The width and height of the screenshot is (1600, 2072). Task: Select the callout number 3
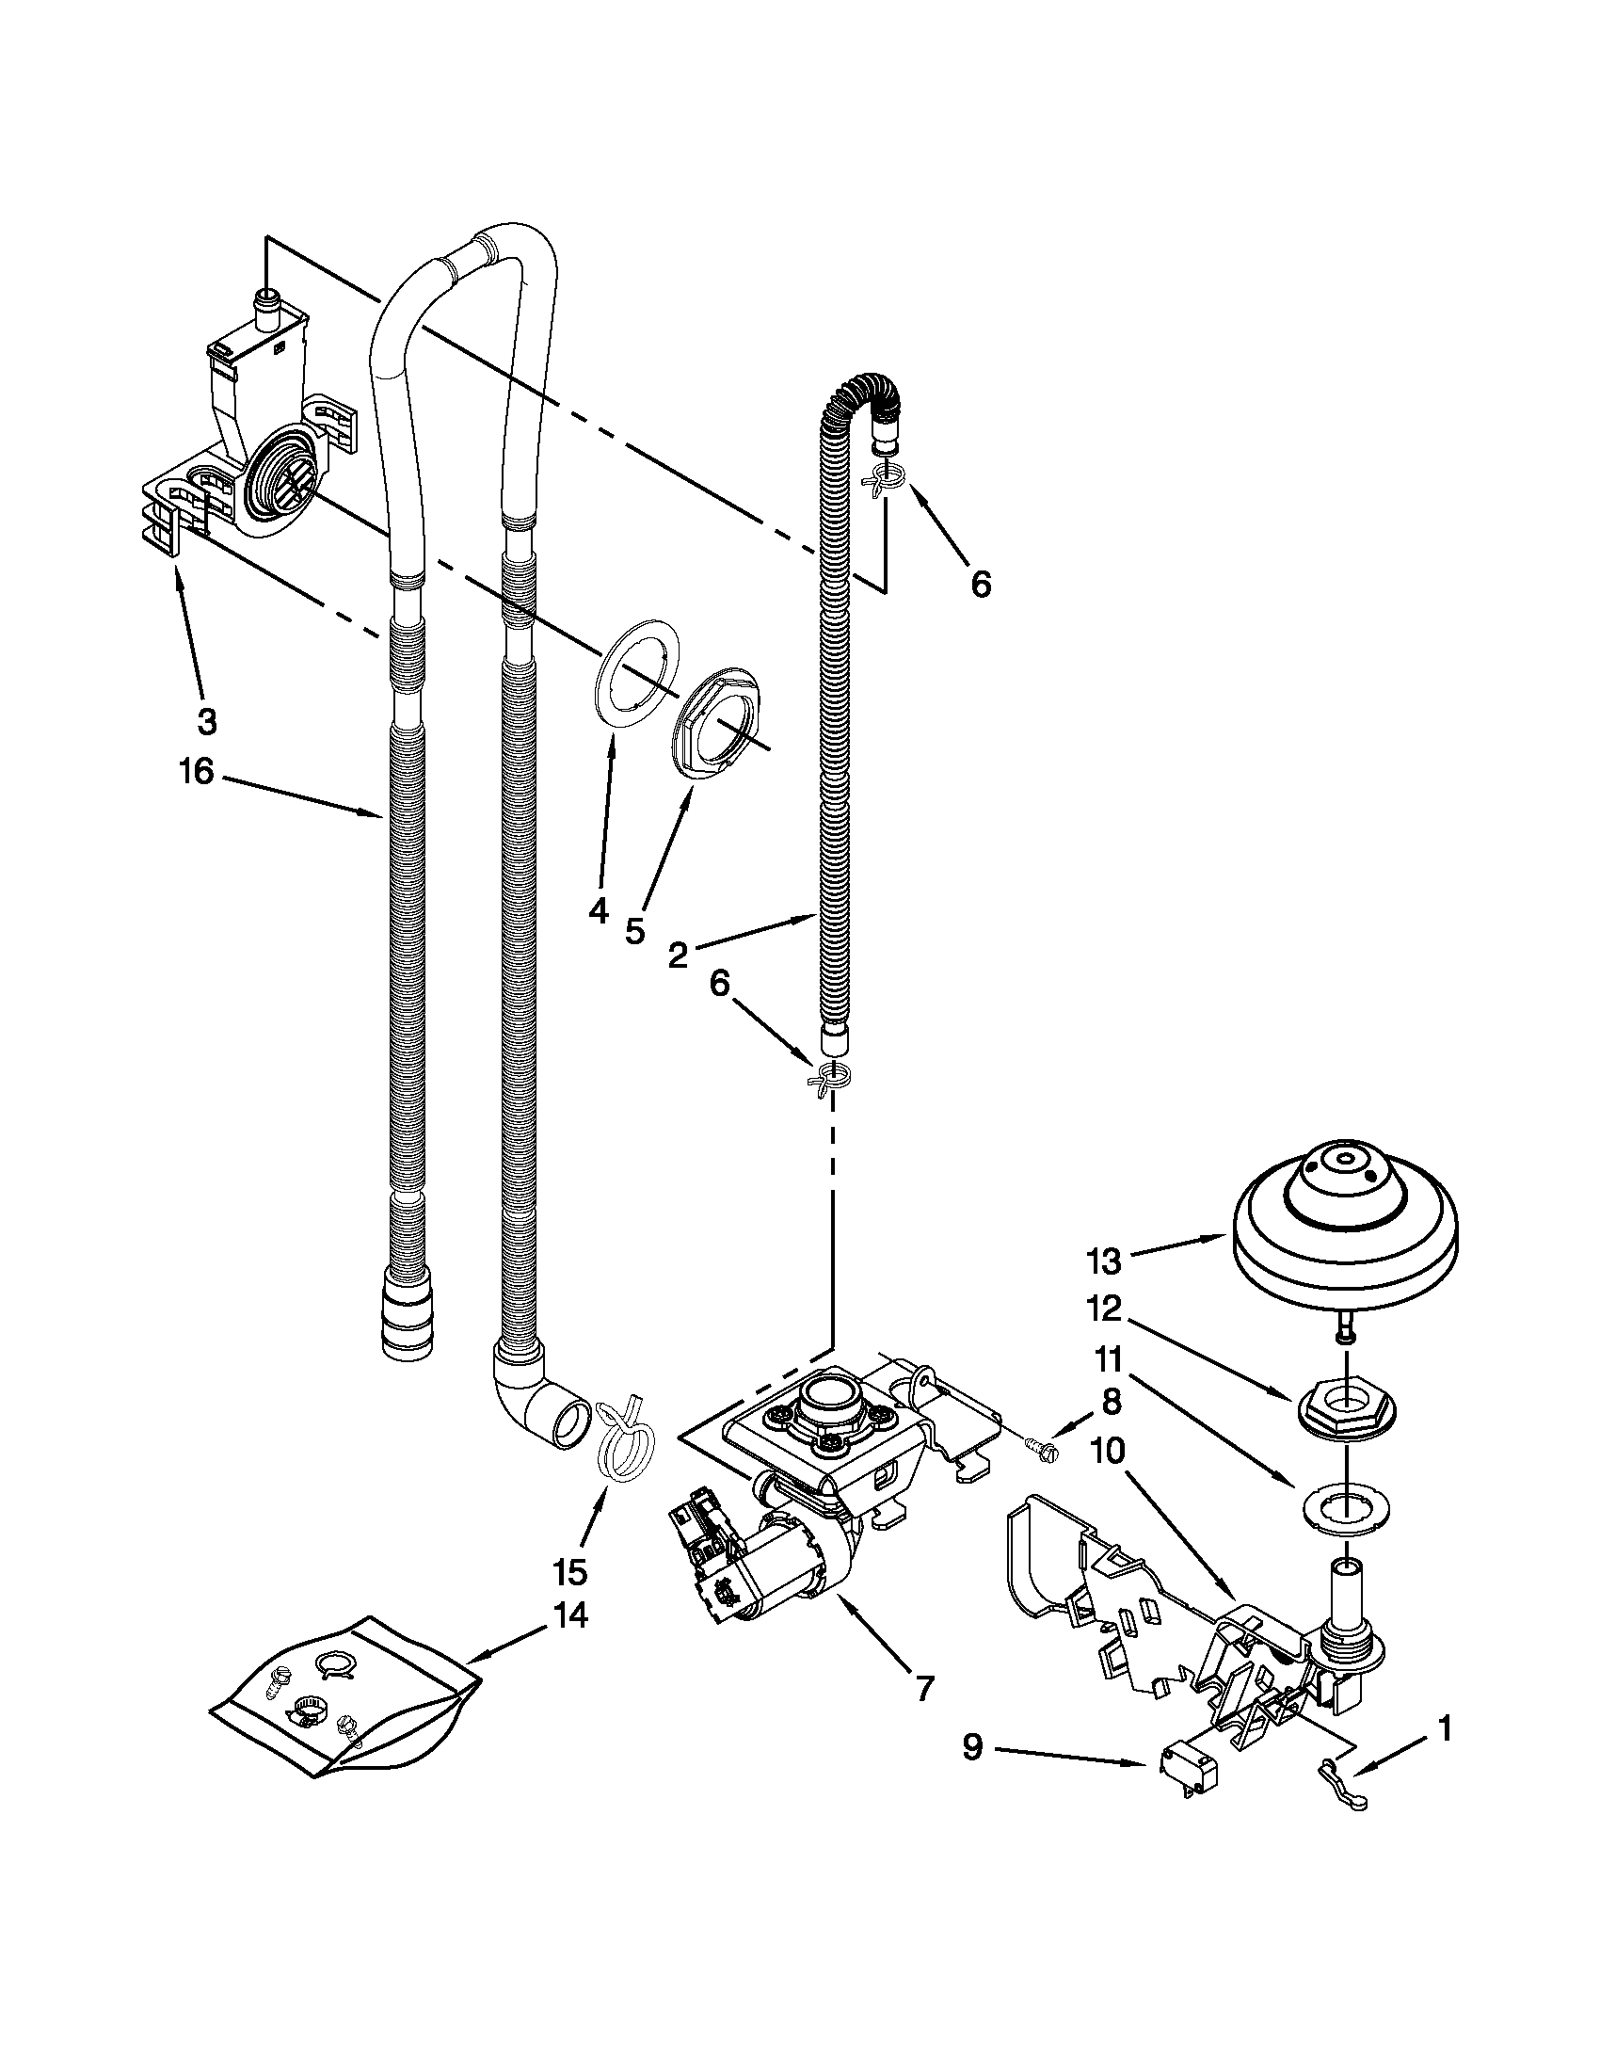coord(207,722)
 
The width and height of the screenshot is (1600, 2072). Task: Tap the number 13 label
coord(1104,1261)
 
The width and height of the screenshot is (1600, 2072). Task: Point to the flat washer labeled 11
coord(1345,1502)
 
